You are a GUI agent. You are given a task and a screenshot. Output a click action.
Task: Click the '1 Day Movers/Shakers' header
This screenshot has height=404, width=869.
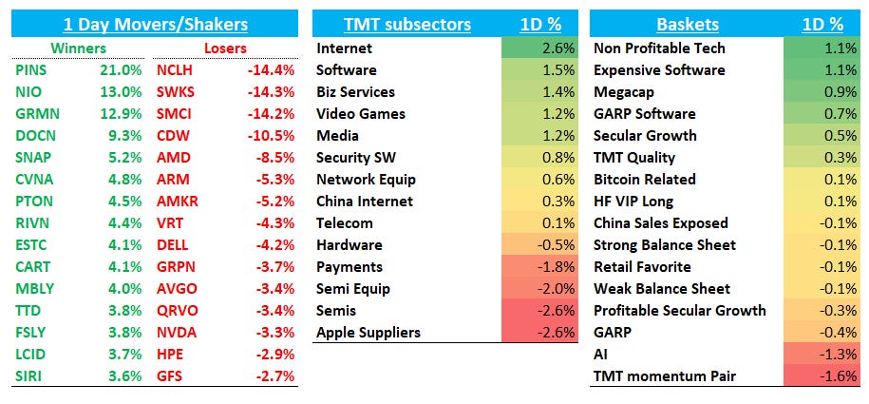[155, 25]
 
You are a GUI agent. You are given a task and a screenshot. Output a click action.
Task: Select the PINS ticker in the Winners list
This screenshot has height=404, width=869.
[31, 69]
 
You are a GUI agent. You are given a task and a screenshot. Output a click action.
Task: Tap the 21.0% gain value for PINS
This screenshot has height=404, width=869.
[121, 69]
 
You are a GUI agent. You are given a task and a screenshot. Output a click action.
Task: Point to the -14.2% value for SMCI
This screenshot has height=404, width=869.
[272, 113]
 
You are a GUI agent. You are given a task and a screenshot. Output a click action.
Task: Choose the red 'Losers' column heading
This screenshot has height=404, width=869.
[225, 48]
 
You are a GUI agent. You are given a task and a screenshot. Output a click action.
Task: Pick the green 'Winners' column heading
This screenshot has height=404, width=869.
[79, 48]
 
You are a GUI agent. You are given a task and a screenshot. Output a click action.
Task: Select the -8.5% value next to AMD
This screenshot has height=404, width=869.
[275, 157]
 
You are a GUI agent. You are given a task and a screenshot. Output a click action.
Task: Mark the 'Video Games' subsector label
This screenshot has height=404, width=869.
[360, 113]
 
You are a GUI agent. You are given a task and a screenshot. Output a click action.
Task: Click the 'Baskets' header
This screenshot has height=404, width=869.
[687, 25]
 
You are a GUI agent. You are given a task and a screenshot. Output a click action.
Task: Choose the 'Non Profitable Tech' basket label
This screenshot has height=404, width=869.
[658, 48]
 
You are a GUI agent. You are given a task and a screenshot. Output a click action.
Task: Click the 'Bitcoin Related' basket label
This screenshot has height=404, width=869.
[644, 179]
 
